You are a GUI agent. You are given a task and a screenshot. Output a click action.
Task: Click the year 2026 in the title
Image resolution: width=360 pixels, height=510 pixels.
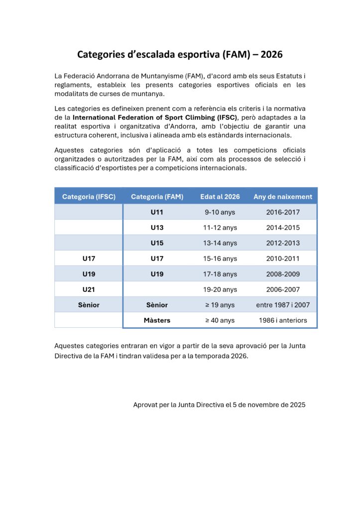pyautogui.click(x=271, y=54)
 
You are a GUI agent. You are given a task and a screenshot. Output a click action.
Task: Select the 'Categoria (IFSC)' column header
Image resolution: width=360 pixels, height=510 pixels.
pyautogui.click(x=89, y=197)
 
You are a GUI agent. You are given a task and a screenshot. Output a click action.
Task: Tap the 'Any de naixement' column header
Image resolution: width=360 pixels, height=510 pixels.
pyautogui.click(x=283, y=197)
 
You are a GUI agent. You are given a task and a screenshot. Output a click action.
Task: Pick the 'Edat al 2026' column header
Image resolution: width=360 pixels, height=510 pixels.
pyautogui.click(x=220, y=197)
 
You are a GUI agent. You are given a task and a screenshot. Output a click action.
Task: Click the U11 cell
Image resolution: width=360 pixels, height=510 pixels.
pyautogui.click(x=157, y=212)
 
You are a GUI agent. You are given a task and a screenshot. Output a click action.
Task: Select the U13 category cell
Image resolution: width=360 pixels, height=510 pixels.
pyautogui.click(x=157, y=228)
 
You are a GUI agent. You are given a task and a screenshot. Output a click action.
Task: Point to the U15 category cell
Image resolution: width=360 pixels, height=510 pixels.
pyautogui.click(x=157, y=243)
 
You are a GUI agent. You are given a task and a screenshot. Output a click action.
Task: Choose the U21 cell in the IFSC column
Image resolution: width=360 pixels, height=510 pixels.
pyautogui.click(x=89, y=289)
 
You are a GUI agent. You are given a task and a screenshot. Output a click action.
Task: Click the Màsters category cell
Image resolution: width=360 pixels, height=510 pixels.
pyautogui.click(x=157, y=320)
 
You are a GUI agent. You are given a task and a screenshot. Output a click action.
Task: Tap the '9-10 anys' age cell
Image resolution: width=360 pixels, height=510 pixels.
pyautogui.click(x=220, y=212)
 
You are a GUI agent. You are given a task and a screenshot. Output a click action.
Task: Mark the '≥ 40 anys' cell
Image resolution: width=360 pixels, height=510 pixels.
pyautogui.click(x=220, y=320)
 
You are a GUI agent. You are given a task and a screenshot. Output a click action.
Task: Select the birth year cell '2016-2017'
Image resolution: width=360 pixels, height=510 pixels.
pyautogui.click(x=283, y=212)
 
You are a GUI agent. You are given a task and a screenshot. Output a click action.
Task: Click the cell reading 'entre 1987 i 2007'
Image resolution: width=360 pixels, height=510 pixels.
pyautogui.click(x=283, y=305)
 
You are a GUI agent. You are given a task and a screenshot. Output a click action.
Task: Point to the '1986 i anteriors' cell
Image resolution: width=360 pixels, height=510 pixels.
pyautogui.click(x=283, y=320)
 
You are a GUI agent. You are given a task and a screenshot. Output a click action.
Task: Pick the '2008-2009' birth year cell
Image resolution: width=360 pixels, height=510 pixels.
pyautogui.click(x=283, y=274)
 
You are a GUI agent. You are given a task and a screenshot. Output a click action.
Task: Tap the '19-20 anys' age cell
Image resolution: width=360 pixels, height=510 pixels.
pyautogui.click(x=220, y=289)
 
